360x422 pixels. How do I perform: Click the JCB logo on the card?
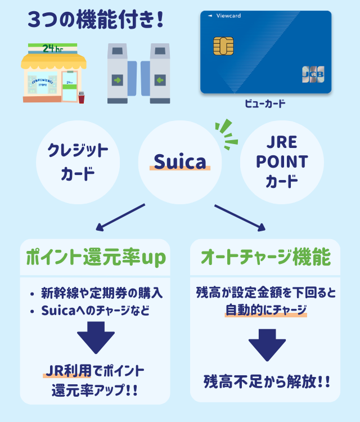coord(313,74)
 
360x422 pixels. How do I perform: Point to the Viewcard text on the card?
coord(227,16)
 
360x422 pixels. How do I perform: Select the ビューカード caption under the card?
coord(265,104)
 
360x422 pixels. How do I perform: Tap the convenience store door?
coord(69,86)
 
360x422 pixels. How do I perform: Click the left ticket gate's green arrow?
coord(117,80)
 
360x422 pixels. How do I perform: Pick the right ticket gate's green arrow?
coord(159,80)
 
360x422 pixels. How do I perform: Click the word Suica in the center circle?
coord(180,163)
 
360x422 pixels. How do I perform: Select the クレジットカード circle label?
coord(77,161)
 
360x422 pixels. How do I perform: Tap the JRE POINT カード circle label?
coord(282,161)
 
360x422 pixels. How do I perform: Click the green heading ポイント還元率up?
coord(95,258)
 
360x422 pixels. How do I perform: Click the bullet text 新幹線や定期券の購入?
coord(102,293)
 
